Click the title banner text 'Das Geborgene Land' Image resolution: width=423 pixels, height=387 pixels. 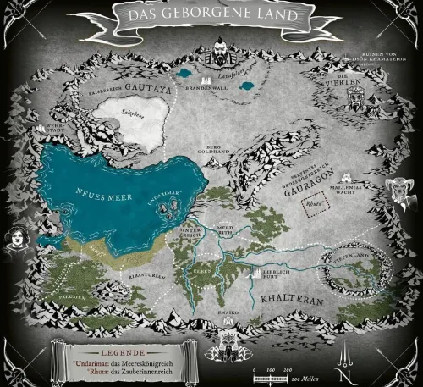(211, 14)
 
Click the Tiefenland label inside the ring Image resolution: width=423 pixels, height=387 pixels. (340, 253)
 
